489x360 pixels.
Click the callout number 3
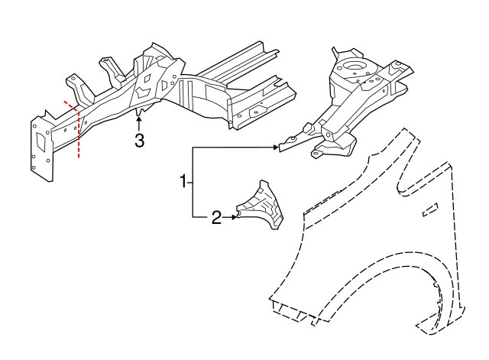138,141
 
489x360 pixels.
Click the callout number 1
183,181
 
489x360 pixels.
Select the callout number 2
216,219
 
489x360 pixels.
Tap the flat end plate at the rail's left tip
41,149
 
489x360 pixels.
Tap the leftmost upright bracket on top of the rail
74,85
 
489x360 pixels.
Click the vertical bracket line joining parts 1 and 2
193,182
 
